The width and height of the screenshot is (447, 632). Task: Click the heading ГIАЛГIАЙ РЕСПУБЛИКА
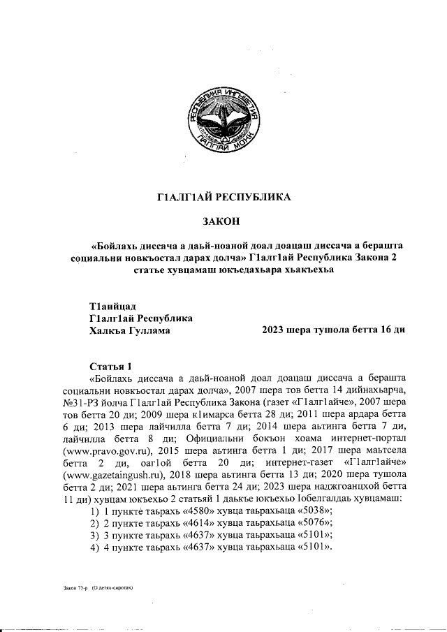[223, 197]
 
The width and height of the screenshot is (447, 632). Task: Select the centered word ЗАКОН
[223, 221]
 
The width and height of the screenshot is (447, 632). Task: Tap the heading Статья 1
[111, 367]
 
